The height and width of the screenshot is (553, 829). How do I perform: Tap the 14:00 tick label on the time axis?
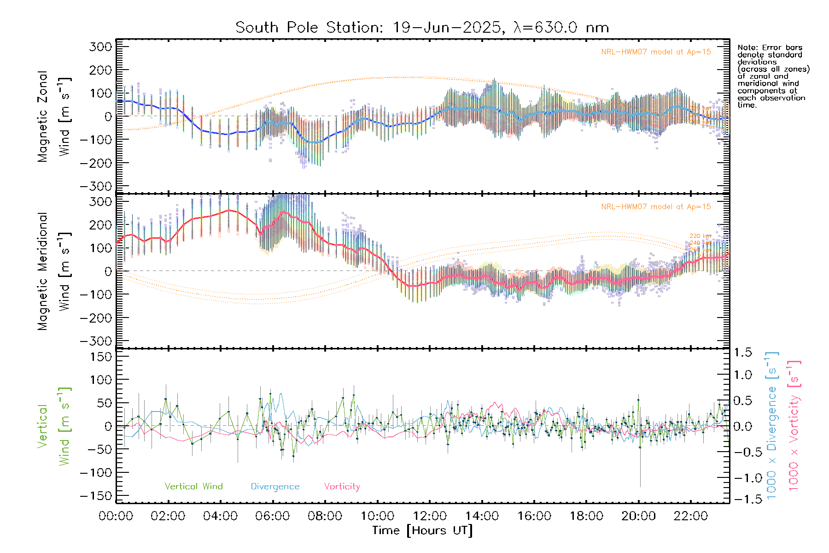(482, 516)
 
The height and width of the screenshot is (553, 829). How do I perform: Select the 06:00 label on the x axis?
(273, 516)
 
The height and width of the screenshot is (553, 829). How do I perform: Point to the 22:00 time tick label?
(690, 516)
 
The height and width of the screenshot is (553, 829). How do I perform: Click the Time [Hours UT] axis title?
(422, 530)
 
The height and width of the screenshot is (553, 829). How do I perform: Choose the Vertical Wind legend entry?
(193, 487)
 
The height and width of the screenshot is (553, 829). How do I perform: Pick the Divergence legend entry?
(275, 487)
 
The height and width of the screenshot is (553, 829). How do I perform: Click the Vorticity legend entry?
(342, 487)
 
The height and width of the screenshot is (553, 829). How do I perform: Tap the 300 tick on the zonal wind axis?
(100, 47)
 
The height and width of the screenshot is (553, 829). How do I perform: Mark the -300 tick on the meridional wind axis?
(96, 341)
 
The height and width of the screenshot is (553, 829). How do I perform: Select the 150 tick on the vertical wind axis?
(100, 357)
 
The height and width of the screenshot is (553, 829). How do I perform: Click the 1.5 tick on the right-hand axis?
(743, 353)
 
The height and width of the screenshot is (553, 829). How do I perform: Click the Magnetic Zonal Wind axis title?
(54, 116)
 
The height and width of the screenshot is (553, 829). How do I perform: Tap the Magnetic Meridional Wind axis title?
(54, 271)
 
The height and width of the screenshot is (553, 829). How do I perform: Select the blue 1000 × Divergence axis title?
(772, 425)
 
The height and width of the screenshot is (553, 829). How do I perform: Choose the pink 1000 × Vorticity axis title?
(794, 425)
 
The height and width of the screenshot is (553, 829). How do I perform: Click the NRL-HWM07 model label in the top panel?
(656, 52)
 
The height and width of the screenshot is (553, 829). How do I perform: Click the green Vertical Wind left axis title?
(54, 426)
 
